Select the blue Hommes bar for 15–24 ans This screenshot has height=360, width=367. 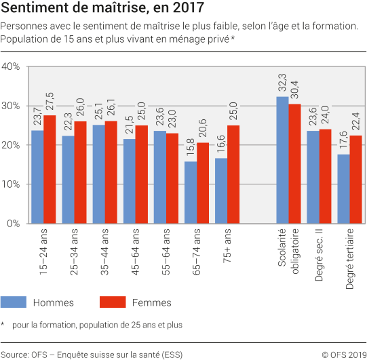pos(37,177)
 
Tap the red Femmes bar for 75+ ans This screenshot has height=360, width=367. pos(233,174)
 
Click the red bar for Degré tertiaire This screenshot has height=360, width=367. pos(355,180)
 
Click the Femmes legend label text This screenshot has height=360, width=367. pos(151,302)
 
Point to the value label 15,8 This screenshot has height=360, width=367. pos(191,149)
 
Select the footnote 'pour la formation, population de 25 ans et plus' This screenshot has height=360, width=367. pos(97,325)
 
